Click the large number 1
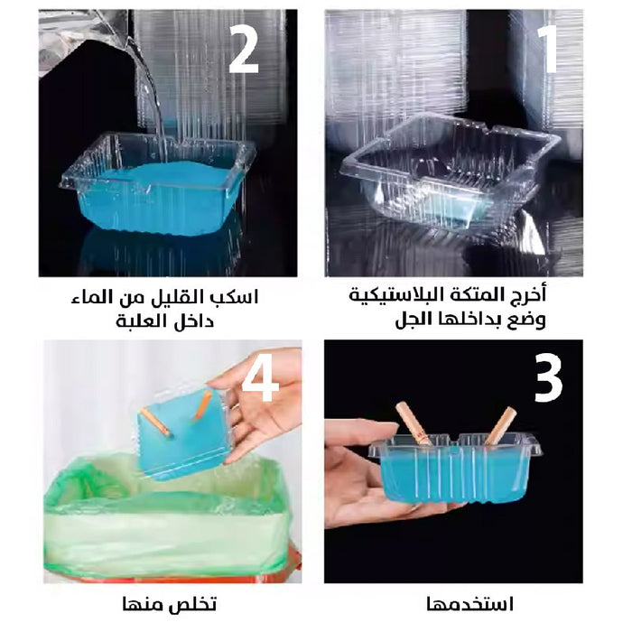(x=547, y=49)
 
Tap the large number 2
(x=243, y=49)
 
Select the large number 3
(x=548, y=378)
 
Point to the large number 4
(x=260, y=378)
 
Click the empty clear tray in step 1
(x=451, y=174)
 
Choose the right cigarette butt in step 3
(x=501, y=425)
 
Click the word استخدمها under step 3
(x=470, y=605)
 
